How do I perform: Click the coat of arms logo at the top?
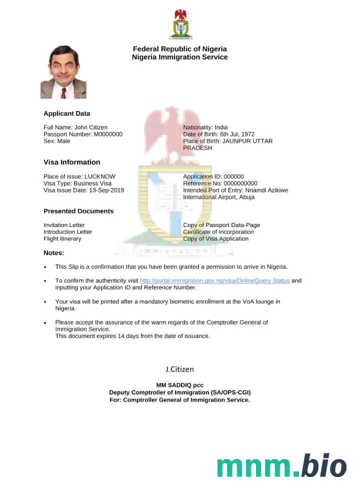(x=180, y=24)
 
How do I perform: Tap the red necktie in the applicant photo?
(x=63, y=92)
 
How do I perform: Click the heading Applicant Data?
(x=66, y=113)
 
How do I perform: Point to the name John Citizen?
(x=90, y=127)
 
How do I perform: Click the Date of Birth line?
(x=218, y=134)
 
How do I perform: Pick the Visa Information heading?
(x=71, y=162)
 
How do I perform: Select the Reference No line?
(x=220, y=183)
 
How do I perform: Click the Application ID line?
(x=213, y=176)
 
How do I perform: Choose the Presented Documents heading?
(x=78, y=211)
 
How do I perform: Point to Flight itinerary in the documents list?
(x=62, y=238)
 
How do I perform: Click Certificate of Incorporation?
(x=218, y=232)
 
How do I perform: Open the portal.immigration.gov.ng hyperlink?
(x=214, y=280)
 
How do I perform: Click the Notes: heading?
(x=54, y=252)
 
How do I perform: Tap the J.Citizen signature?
(x=179, y=369)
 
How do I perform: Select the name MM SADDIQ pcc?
(x=179, y=385)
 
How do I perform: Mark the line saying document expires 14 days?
(x=132, y=336)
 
